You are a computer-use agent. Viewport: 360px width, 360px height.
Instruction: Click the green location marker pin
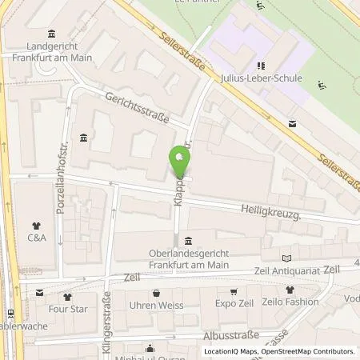[180, 163]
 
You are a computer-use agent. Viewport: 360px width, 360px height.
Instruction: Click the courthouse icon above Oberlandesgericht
[187, 242]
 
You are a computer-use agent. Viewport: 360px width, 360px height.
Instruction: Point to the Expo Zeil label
[234, 304]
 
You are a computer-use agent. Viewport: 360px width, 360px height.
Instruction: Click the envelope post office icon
[291, 123]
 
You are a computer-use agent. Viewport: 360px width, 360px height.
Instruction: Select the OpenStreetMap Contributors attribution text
[310, 351]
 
